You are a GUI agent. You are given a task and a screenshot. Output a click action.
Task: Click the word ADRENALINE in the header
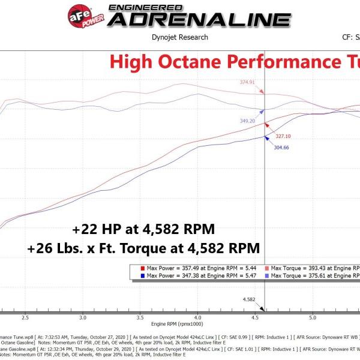(199, 19)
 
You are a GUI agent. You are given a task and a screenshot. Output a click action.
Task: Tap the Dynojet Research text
(180, 37)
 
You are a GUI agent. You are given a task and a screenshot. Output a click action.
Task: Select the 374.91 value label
(247, 82)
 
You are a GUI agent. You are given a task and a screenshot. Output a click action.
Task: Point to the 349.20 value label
(248, 121)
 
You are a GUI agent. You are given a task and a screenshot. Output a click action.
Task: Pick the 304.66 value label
(282, 147)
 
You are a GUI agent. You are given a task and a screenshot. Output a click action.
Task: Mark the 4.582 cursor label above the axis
(250, 299)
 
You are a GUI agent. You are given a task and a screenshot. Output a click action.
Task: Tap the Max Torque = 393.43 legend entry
(314, 268)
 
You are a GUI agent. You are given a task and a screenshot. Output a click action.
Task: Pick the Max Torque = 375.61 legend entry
(314, 276)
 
